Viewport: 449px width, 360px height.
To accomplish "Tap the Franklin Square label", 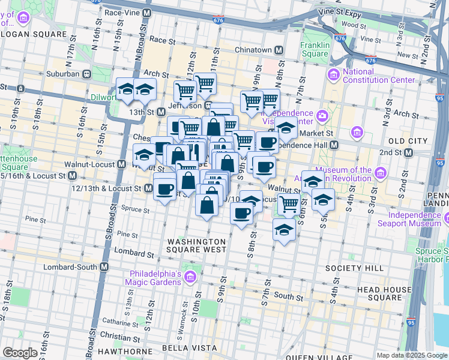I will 315,49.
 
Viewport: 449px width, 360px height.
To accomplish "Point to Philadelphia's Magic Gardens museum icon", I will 190,277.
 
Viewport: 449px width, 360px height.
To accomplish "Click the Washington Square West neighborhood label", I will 196,245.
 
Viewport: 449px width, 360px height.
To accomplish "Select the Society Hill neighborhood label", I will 346,267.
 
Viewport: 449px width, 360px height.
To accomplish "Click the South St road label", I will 289,296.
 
